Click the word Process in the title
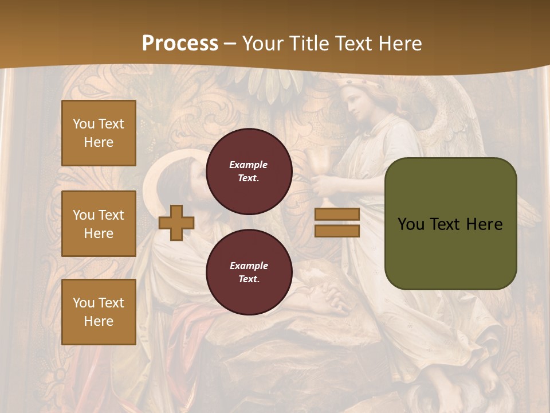pos(180,44)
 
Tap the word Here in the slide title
pos(400,44)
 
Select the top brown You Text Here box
pos(99,133)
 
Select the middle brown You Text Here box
pos(99,224)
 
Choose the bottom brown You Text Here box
pos(99,312)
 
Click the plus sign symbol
pos(176,223)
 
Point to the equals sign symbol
pos(337,223)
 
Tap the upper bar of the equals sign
pos(337,214)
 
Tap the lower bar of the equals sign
pos(337,231)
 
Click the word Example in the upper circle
pos(248,165)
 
